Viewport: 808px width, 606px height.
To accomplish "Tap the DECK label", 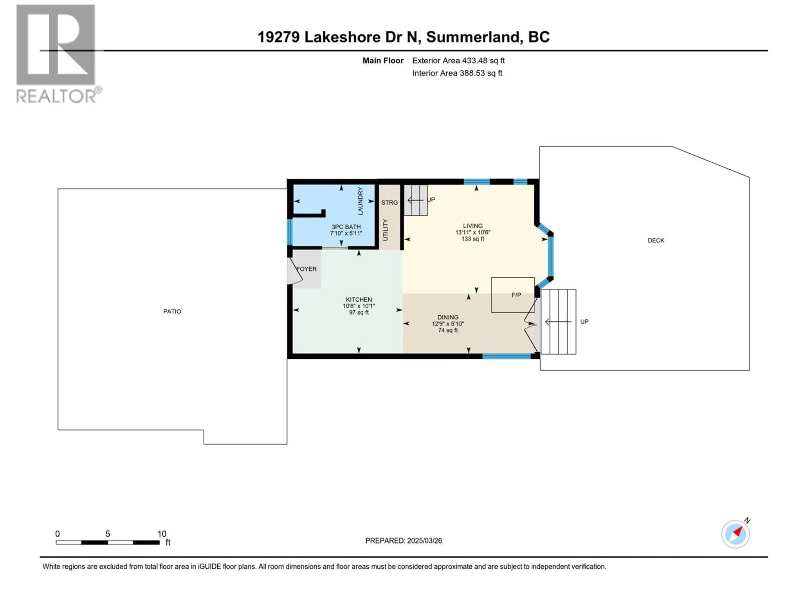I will pyautogui.click(x=656, y=240).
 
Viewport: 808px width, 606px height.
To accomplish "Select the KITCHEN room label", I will pyautogui.click(x=359, y=300).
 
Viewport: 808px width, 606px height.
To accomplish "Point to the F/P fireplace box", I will pyautogui.click(x=513, y=295).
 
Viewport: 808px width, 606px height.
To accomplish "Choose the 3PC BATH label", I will pyautogui.click(x=346, y=227).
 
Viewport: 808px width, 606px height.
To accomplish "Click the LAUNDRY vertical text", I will pyautogui.click(x=360, y=201).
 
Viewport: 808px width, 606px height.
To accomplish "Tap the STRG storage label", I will pyautogui.click(x=389, y=202).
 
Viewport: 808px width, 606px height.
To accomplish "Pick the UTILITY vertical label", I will pyautogui.click(x=385, y=230).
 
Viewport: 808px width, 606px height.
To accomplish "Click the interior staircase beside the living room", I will pyautogui.click(x=416, y=200).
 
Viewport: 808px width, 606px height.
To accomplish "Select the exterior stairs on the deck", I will pyautogui.click(x=558, y=322).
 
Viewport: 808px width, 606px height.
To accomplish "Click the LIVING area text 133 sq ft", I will pyautogui.click(x=472, y=239).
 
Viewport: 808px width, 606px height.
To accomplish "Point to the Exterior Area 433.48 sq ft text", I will pyautogui.click(x=458, y=61).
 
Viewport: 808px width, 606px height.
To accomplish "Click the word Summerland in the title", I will pyautogui.click(x=473, y=37).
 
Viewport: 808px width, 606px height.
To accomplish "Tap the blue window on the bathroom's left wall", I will pyautogui.click(x=290, y=232).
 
